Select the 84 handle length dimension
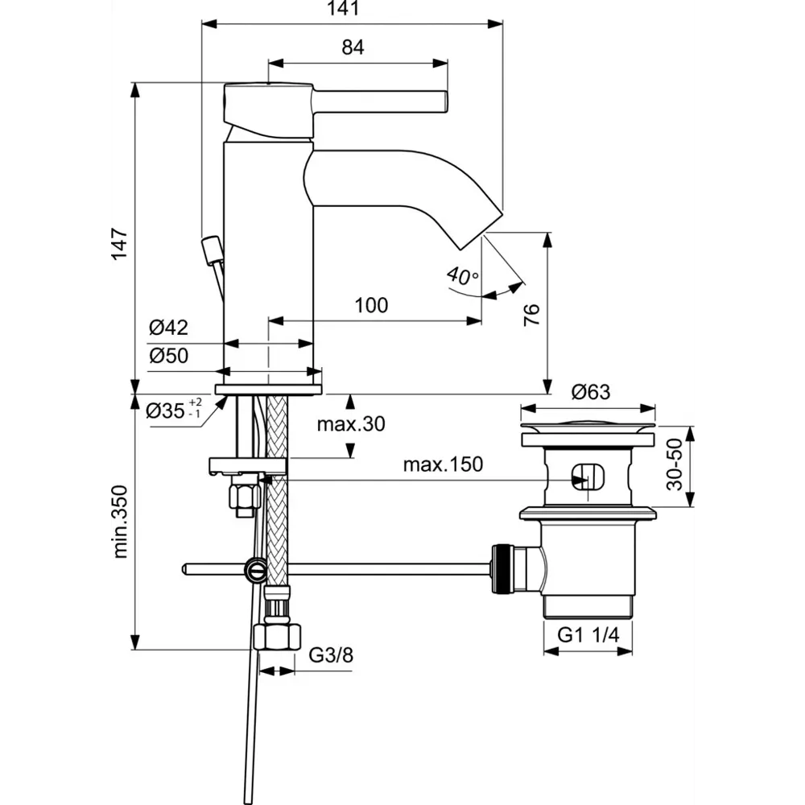point(353,47)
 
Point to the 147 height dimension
point(119,245)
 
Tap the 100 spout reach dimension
point(371,305)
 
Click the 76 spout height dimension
point(530,315)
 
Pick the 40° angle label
point(463,275)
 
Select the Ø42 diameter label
point(168,328)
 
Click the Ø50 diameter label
point(168,355)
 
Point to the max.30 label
point(350,424)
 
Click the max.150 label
point(442,464)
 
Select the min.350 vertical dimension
point(120,522)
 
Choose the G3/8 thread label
point(331,655)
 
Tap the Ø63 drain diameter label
point(591,393)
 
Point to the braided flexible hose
point(276,499)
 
